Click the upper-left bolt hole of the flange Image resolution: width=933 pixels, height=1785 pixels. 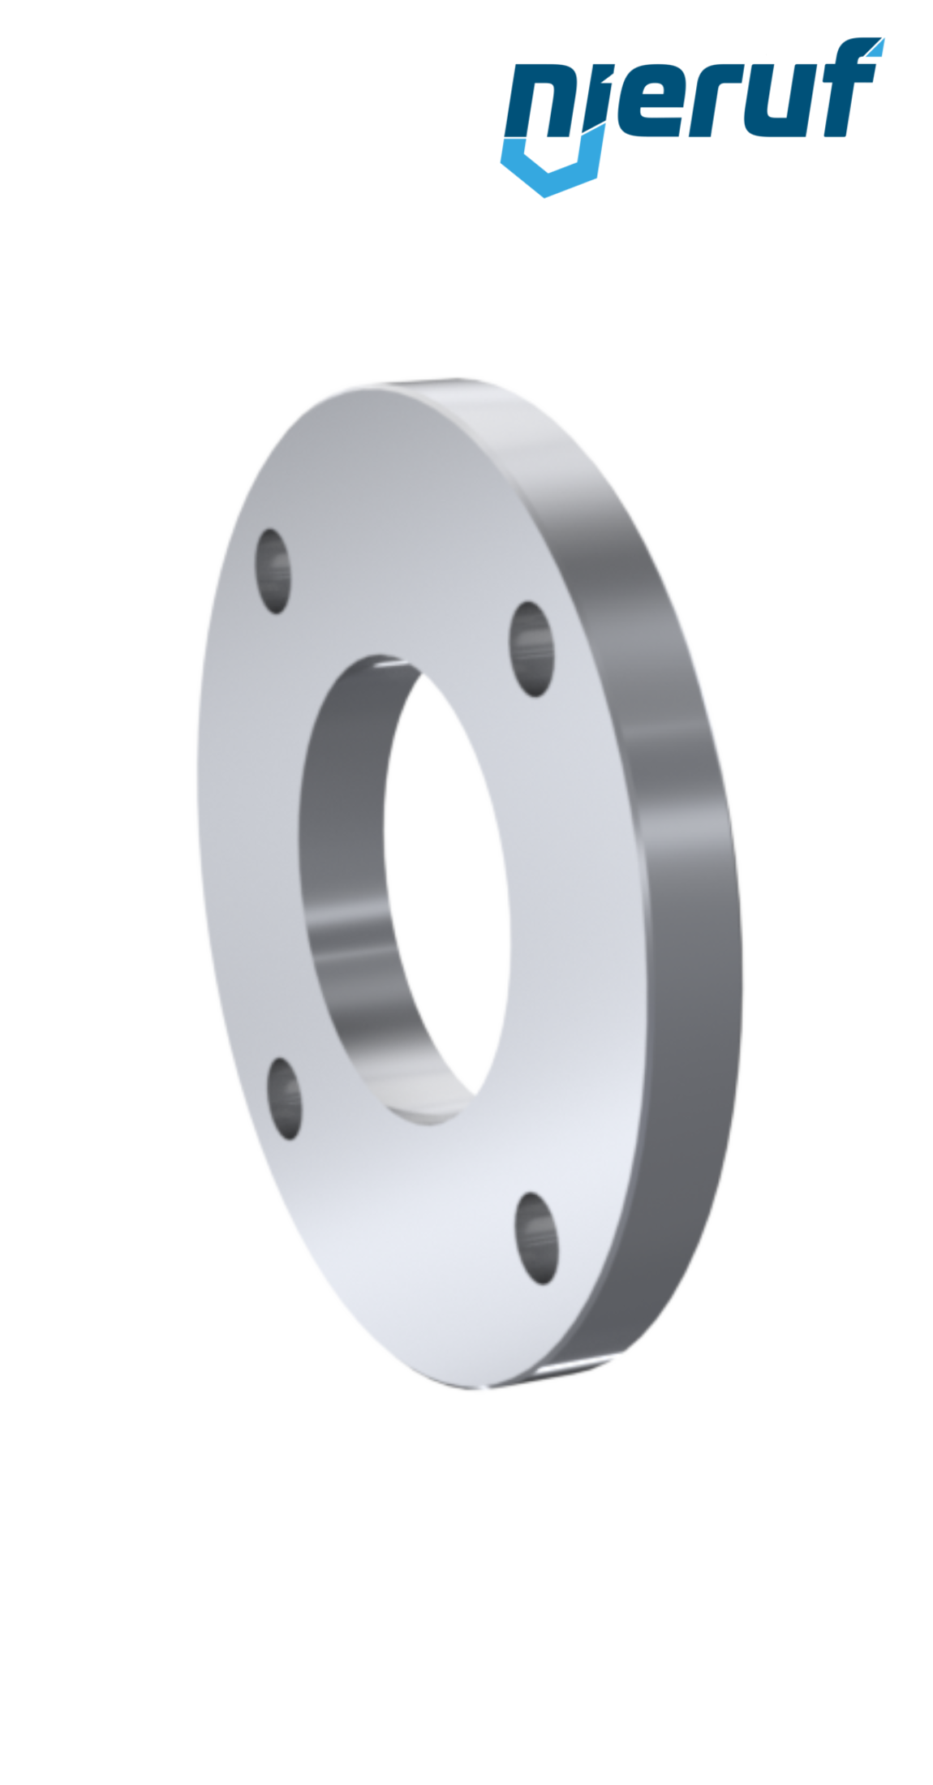[274, 571]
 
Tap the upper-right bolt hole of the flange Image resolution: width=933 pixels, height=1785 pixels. [532, 649]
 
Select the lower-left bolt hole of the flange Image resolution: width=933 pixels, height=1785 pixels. [284, 1098]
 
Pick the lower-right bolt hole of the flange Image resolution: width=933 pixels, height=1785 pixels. [537, 1238]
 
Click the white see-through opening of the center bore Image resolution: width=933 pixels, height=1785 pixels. [446, 892]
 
